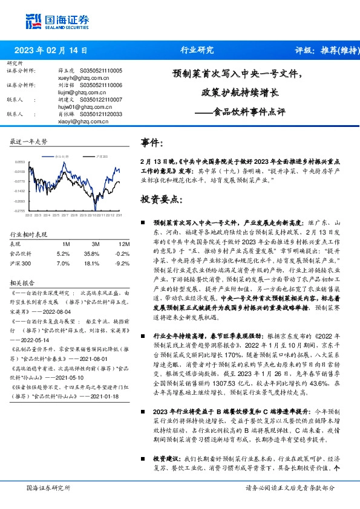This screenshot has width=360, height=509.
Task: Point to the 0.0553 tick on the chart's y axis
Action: click(21, 162)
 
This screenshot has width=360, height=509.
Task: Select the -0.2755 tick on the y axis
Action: click(21, 211)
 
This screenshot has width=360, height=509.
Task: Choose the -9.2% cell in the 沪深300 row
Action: click(121, 264)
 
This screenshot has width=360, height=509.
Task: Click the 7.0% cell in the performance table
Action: click(62, 264)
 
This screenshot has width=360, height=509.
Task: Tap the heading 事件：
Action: click(152, 143)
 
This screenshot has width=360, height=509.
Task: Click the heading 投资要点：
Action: click(160, 198)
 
